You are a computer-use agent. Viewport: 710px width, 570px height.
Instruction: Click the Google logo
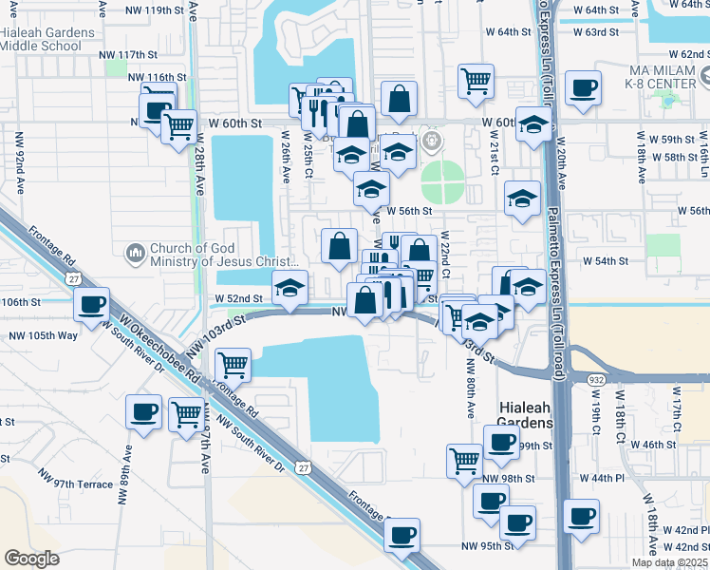(x=32, y=559)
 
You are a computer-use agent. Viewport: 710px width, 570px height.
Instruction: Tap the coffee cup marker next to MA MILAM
(x=583, y=88)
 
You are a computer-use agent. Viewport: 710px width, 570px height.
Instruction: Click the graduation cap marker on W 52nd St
(x=290, y=286)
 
